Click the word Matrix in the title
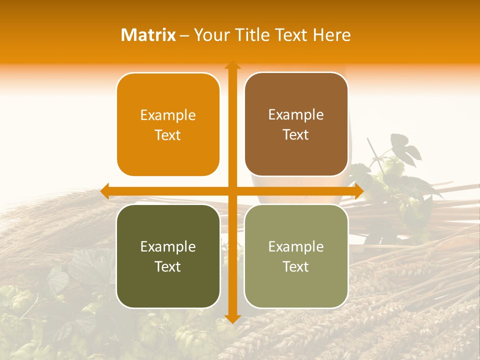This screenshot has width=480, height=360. [148, 35]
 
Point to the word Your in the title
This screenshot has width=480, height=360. [210, 35]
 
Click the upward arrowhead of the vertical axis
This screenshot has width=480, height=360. [232, 65]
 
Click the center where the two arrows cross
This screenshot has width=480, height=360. [232, 191]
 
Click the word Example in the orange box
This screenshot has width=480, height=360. [168, 115]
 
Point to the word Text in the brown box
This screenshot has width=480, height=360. [296, 135]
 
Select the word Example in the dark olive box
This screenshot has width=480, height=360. [168, 247]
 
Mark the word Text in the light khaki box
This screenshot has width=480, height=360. [296, 267]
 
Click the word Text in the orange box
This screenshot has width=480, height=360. [168, 135]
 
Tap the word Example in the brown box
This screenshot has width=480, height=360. [296, 115]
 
